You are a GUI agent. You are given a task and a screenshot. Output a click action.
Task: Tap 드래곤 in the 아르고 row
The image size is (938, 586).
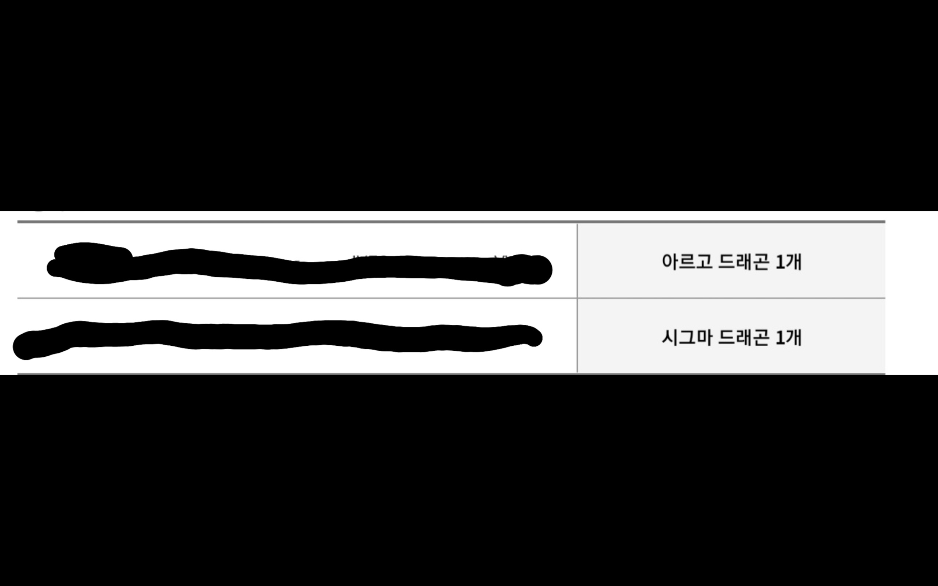point(743,262)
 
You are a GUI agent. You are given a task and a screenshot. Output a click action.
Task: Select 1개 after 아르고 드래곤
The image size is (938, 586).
point(789,262)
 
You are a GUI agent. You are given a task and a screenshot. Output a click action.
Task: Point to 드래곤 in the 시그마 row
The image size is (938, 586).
point(743,338)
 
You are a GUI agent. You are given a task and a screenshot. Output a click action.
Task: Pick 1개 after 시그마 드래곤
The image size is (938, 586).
point(789,338)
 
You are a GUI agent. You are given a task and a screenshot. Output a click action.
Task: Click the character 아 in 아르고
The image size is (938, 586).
point(670,262)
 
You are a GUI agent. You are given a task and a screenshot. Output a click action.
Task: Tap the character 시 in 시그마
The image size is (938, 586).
point(670,338)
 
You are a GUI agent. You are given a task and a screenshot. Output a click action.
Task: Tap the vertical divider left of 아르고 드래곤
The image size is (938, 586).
point(577,262)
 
